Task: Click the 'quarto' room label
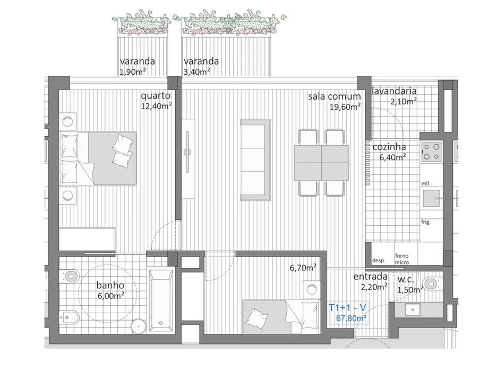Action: coord(156,96)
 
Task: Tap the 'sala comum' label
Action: coord(335,96)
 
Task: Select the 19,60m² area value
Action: coord(345,106)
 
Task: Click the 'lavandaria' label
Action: coord(395,91)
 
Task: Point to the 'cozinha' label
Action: coord(389,147)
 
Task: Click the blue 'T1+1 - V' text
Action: coord(349,307)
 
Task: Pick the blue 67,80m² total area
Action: coord(352,319)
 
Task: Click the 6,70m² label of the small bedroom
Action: coord(303,268)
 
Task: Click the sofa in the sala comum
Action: coord(255,160)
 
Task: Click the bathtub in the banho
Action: coord(160,301)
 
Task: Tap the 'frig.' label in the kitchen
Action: coord(426,222)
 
